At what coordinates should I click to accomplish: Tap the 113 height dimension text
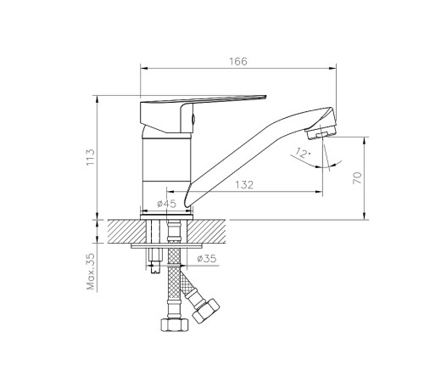(x=91, y=158)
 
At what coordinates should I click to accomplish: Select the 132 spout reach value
(x=245, y=185)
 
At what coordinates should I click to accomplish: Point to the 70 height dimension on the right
(x=357, y=178)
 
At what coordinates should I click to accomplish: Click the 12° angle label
(x=299, y=154)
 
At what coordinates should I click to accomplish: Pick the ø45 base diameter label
(x=167, y=204)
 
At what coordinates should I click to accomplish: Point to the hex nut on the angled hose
(x=206, y=312)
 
